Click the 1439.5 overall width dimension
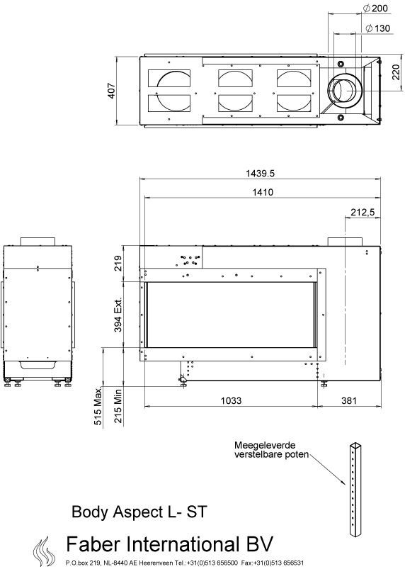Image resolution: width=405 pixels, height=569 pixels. [260, 174]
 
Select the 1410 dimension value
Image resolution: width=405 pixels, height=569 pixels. [263, 192]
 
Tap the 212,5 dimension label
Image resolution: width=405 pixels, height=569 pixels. [363, 213]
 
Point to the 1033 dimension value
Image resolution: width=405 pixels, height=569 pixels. [231, 400]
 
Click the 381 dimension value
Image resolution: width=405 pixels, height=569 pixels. [349, 400]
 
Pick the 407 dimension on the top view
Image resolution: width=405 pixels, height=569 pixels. [111, 91]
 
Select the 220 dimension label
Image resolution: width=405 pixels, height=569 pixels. [396, 72]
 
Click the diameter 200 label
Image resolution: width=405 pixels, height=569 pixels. [375, 8]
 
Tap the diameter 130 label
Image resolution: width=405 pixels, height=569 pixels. [377, 28]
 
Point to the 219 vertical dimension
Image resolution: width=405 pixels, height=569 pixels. [118, 264]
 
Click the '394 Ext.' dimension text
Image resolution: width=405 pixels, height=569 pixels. [118, 315]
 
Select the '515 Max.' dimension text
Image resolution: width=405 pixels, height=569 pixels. [98, 406]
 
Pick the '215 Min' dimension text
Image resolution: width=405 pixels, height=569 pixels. [118, 406]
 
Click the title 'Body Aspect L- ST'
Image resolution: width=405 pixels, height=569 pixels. [139, 512]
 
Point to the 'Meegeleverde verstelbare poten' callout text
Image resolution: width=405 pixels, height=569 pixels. [272, 450]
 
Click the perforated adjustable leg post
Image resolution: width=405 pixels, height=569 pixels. [355, 489]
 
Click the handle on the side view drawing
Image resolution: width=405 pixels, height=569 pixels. [38, 365]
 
